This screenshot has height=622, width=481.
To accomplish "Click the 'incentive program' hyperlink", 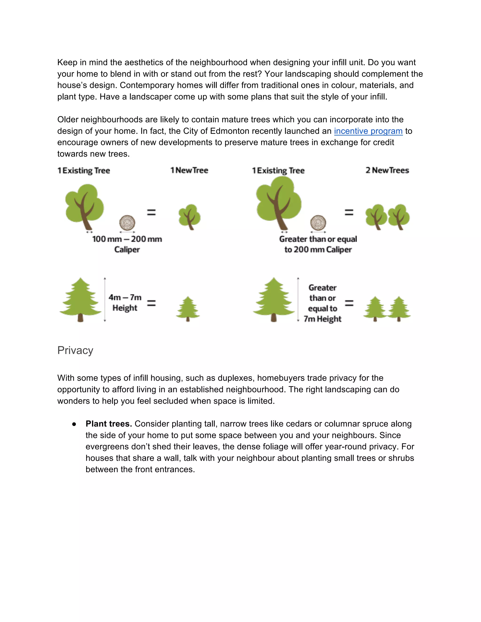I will [368, 131].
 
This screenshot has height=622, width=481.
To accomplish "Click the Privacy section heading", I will [75, 350].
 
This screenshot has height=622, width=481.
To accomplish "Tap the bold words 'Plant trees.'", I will [109, 424].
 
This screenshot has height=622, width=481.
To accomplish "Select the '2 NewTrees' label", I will [387, 170].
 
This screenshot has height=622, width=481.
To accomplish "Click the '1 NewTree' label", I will [189, 170].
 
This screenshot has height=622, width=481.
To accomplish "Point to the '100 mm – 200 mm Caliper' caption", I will [127, 244].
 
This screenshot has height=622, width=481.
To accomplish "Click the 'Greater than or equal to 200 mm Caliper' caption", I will [318, 244].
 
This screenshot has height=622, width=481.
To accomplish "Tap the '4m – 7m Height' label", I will [125, 303].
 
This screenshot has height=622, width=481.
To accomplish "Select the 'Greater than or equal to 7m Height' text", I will [322, 303].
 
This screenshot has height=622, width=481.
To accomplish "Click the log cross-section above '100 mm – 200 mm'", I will [127, 223].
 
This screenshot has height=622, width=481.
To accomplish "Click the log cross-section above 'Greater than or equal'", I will [318, 223].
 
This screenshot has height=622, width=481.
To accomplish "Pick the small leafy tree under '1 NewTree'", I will [190, 217].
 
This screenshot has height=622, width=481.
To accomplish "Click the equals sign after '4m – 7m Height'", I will [151, 303].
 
